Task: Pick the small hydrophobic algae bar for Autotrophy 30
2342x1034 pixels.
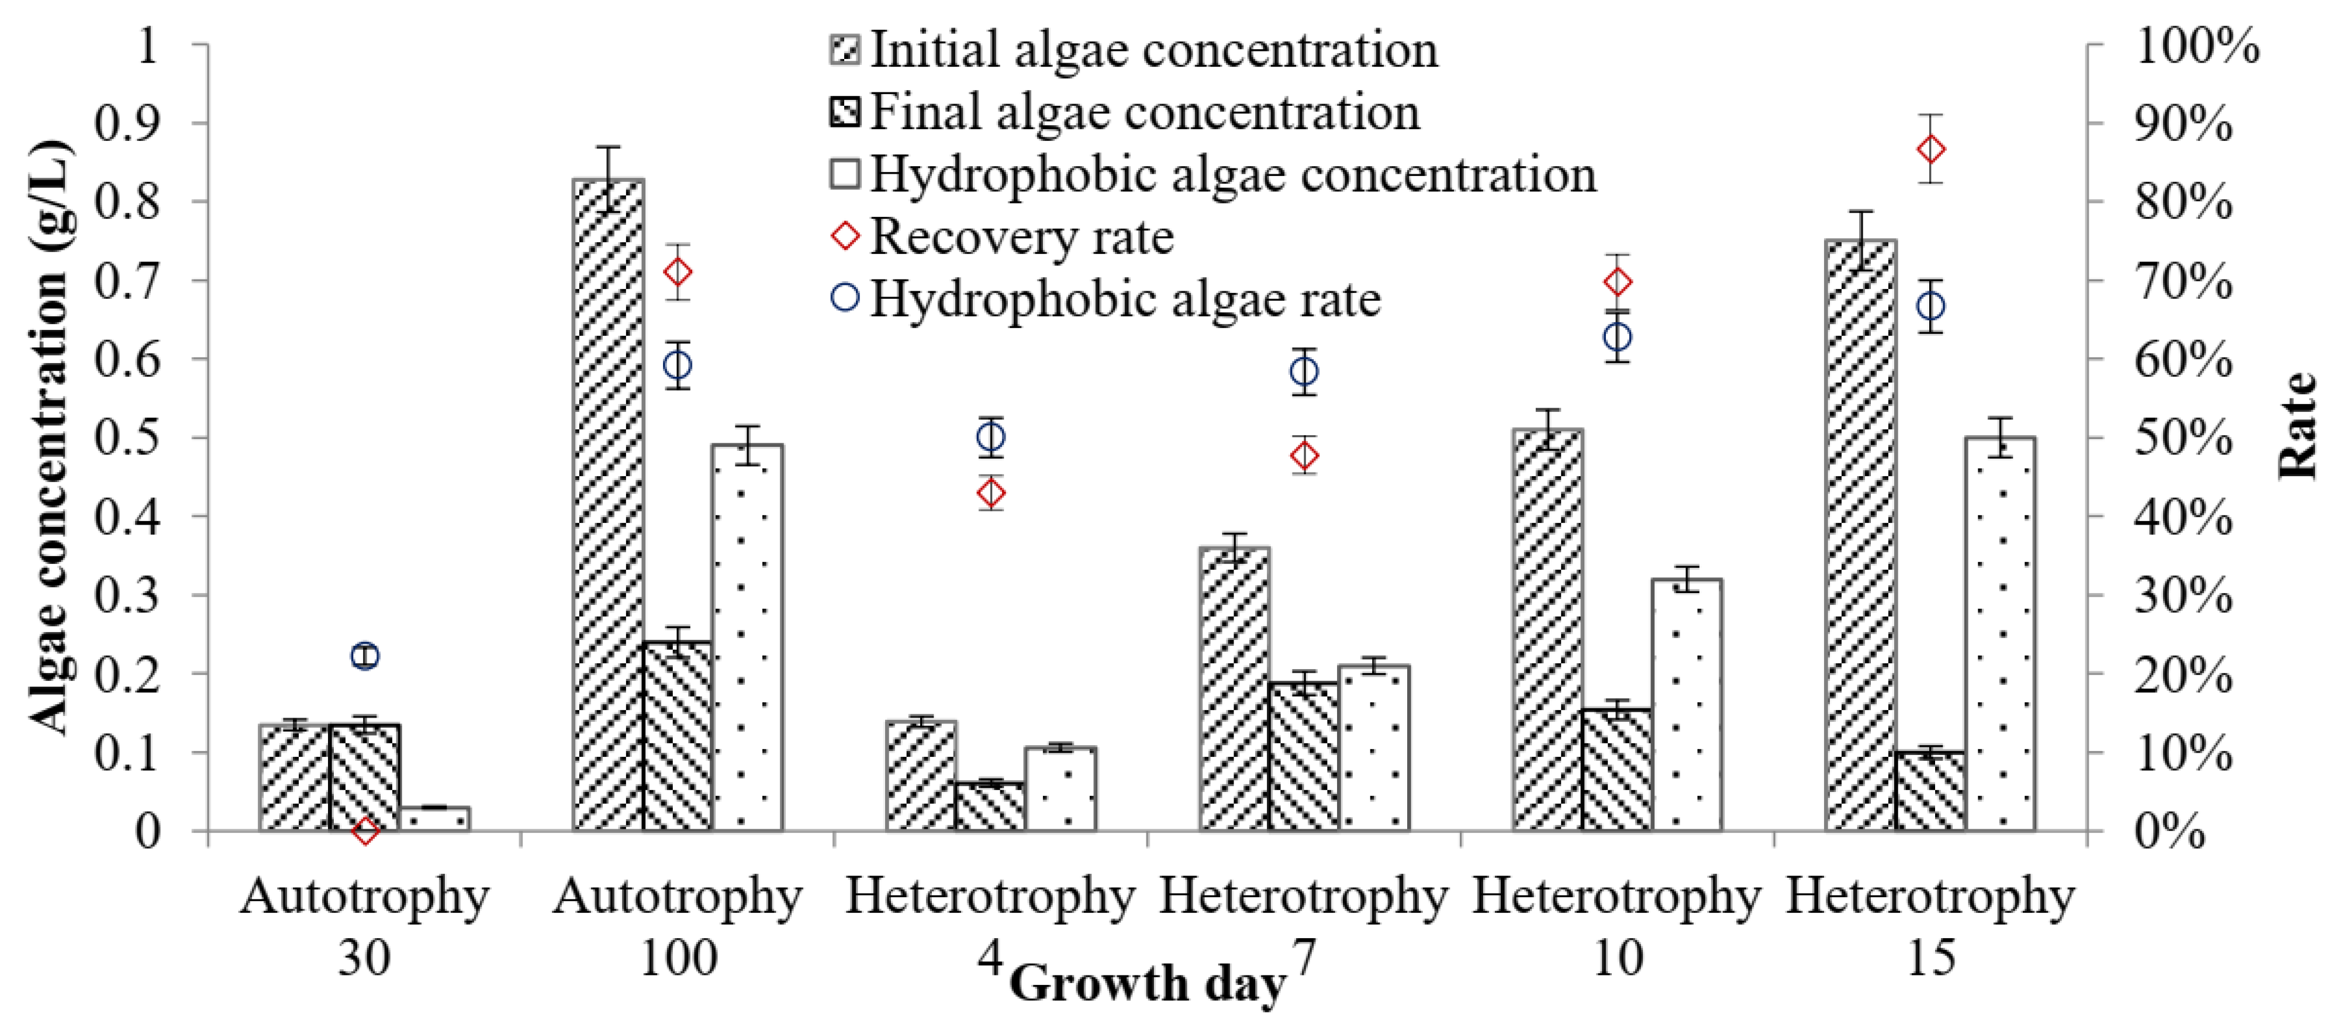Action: pos(434,818)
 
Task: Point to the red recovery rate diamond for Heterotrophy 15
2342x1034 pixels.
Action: pos(1930,149)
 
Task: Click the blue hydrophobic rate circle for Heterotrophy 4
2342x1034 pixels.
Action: pos(991,437)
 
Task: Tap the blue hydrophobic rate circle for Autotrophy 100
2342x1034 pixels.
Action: pos(678,366)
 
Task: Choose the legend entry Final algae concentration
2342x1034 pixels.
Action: pos(1144,113)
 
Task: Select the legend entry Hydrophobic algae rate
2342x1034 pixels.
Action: pos(1125,299)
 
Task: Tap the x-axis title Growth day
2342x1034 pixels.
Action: pos(1148,984)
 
